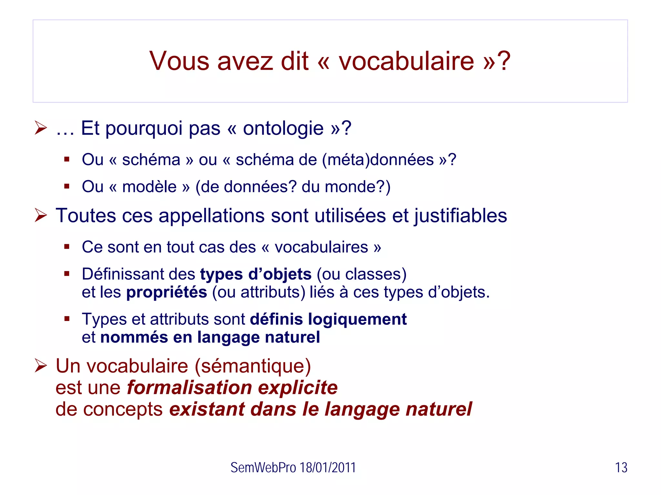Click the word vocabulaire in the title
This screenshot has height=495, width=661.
406,61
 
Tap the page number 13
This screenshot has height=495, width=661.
621,468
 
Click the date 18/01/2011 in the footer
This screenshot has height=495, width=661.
328,468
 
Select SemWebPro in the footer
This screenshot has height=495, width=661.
263,468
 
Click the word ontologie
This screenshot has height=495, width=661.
283,129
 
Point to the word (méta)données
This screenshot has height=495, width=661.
378,160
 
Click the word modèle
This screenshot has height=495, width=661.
149,187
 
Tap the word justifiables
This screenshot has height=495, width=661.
461,216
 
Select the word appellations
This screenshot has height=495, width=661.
212,216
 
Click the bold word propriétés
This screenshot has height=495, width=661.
167,292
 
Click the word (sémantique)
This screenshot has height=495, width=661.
253,366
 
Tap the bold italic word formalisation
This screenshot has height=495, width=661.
189,388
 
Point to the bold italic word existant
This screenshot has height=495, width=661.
207,409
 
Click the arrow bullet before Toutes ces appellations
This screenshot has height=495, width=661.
41,215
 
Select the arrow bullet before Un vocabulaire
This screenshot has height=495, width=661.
41,366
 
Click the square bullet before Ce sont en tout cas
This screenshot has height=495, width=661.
67,247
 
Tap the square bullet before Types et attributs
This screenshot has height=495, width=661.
67,319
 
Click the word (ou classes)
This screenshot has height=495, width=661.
361,274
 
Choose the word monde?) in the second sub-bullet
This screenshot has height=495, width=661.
357,187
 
